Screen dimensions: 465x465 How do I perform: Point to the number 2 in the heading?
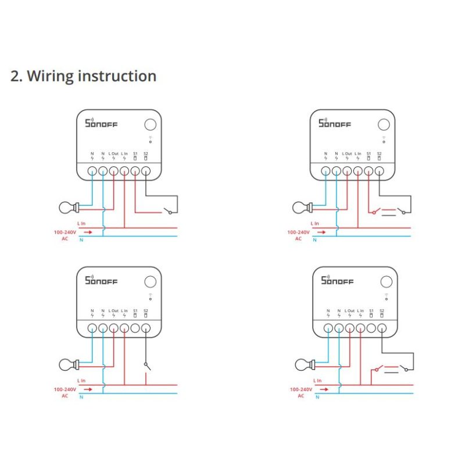(x=16, y=76)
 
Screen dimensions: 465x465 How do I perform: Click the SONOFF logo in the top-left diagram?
(x=101, y=123)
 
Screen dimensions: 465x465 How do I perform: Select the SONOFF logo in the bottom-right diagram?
(x=337, y=281)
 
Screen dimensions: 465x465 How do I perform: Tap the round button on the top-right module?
(x=384, y=125)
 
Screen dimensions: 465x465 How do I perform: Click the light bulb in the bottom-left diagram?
(x=67, y=364)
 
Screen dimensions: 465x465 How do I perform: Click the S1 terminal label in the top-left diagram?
(x=135, y=153)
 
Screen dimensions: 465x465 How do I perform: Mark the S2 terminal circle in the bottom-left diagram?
(x=146, y=328)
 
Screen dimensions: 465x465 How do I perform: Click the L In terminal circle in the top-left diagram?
(x=124, y=171)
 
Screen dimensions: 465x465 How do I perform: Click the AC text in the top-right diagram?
(x=298, y=239)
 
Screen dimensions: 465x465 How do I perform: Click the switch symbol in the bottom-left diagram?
(x=146, y=366)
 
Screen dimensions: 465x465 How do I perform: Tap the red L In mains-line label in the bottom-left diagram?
(x=81, y=380)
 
